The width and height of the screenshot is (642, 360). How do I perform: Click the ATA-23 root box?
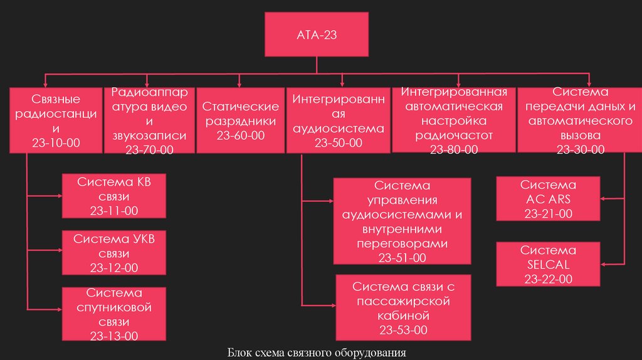pos(316,35)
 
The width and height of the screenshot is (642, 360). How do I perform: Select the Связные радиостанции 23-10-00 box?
pos(56,121)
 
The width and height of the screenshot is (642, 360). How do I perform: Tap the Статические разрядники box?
pos(240,120)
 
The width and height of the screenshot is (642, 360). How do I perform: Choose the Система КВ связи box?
pos(114,196)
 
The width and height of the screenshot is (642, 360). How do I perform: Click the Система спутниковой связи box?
pos(114,314)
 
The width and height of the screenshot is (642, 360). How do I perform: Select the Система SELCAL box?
pos(549,265)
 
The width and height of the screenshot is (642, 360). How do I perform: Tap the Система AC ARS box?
pos(549,199)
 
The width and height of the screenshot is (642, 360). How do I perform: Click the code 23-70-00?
pos(149,149)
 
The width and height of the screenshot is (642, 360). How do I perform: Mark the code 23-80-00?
pos(454,149)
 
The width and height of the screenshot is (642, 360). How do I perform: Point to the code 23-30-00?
pos(581,149)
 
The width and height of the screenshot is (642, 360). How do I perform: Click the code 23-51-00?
pos(402,258)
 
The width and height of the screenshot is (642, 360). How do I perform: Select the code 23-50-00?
pos(339,144)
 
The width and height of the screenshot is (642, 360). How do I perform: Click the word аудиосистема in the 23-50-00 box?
pos(339,129)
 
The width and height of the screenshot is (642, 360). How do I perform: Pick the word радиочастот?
pos(454,135)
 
